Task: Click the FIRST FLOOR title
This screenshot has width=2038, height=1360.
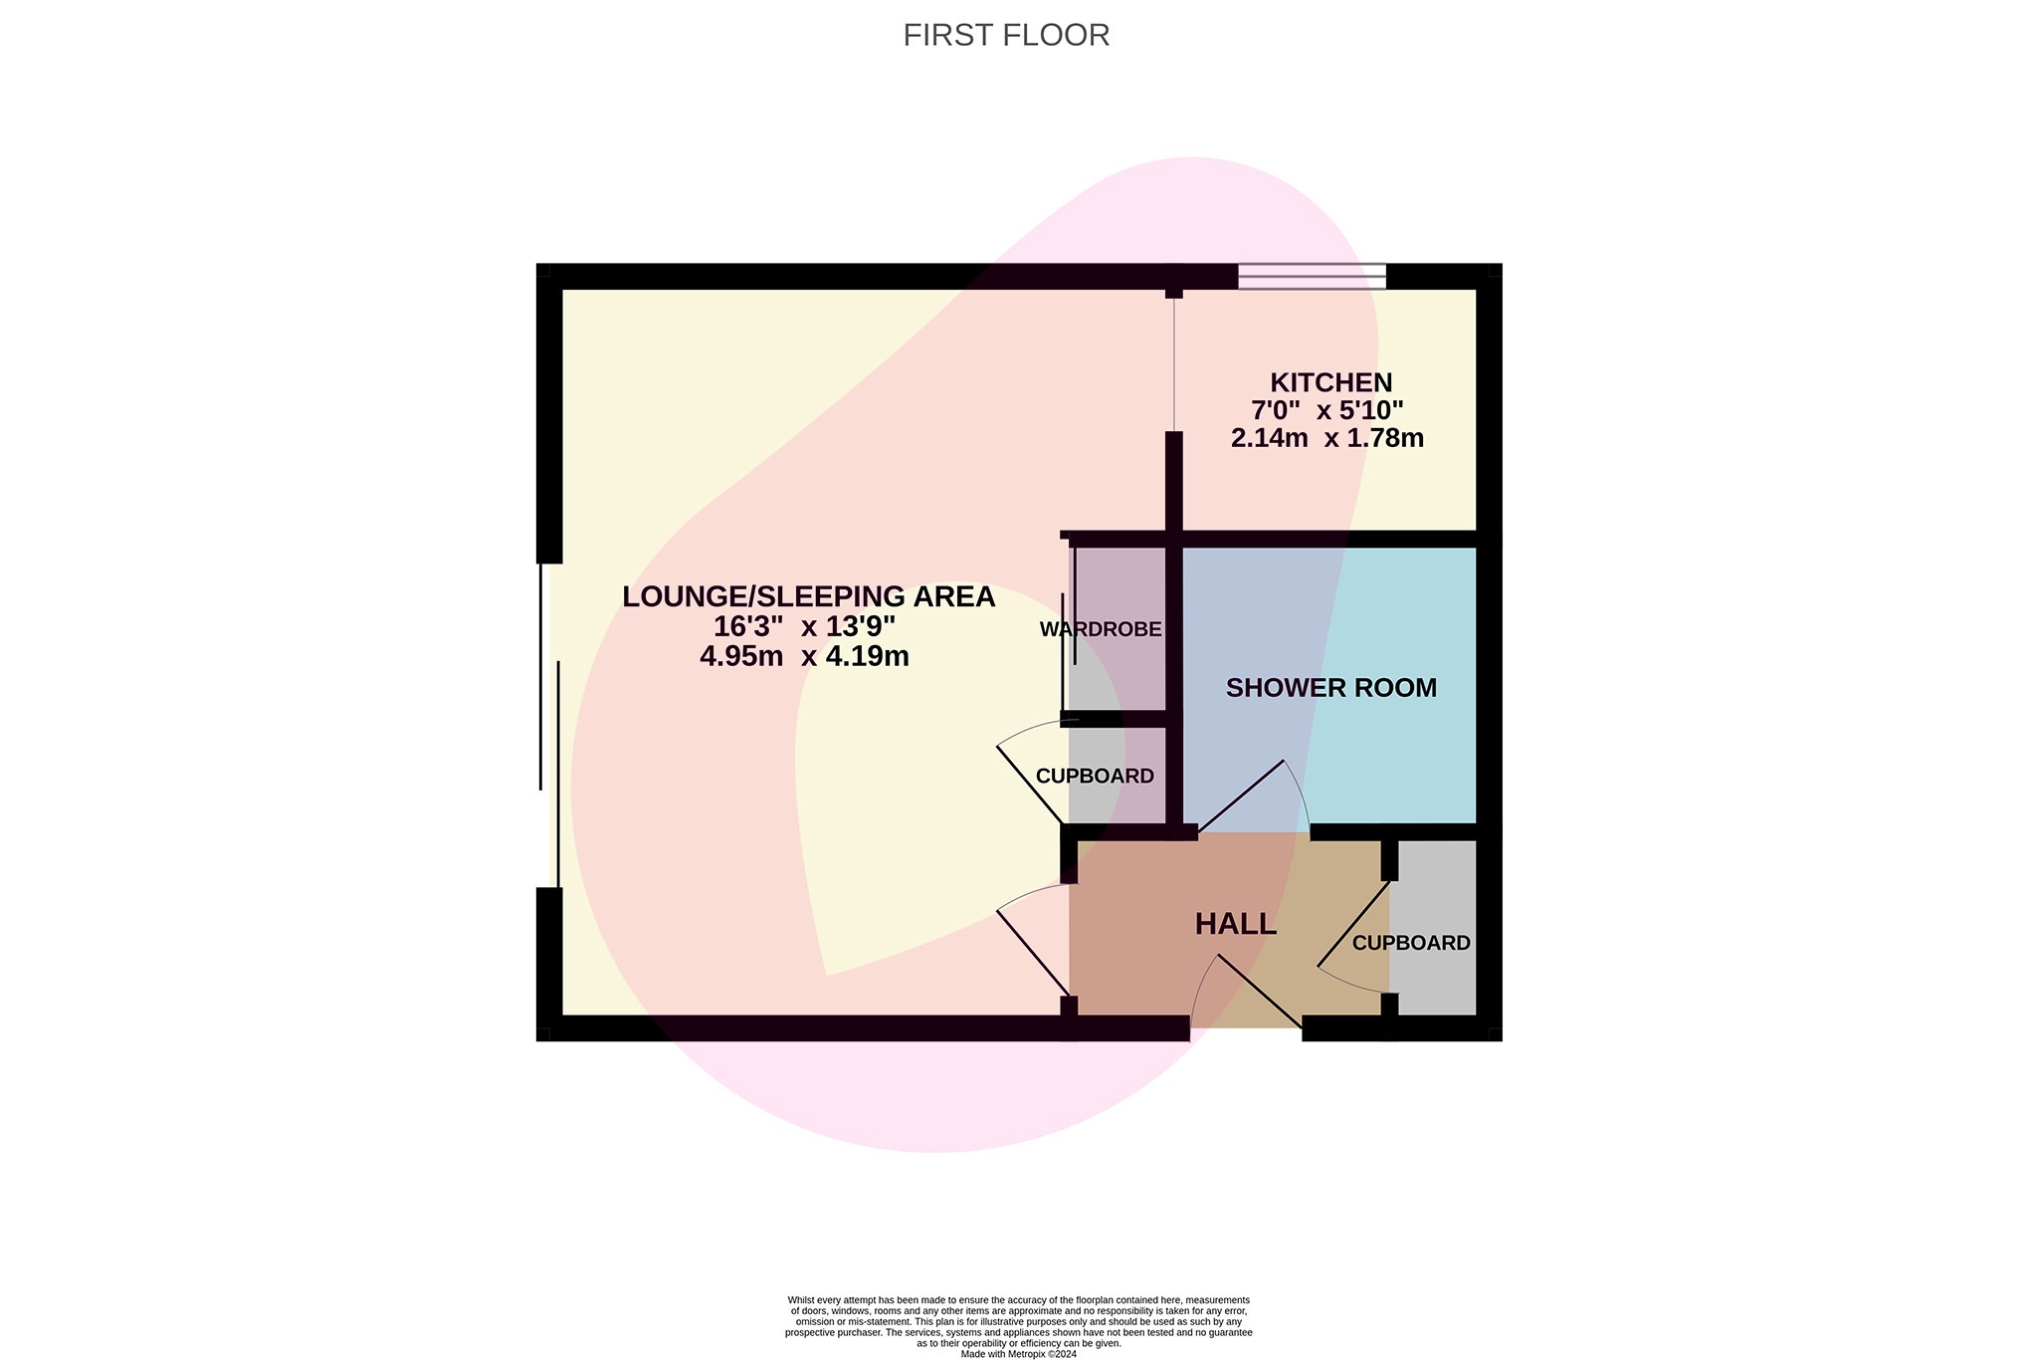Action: [x=1006, y=35]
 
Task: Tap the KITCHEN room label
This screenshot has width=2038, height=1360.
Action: [x=1330, y=382]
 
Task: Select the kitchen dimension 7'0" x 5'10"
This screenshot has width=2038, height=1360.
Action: [x=1326, y=410]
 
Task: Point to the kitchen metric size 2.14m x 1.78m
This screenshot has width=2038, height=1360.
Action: [x=1326, y=438]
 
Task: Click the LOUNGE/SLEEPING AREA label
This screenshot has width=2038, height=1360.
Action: [x=808, y=596]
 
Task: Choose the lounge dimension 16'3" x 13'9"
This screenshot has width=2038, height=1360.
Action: [x=804, y=626]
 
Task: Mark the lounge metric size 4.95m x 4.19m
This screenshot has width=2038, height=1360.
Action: [x=804, y=656]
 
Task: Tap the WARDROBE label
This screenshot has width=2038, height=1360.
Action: [x=1101, y=629]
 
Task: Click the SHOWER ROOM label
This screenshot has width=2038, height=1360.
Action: [x=1330, y=688]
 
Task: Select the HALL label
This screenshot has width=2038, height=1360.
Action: [x=1235, y=925]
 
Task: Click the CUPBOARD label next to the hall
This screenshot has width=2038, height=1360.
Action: [x=1411, y=943]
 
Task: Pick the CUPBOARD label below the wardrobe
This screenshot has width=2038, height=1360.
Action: [x=1095, y=777]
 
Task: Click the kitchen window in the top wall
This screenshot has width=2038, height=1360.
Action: [x=1312, y=276]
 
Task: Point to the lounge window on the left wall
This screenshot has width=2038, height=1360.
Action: [x=549, y=725]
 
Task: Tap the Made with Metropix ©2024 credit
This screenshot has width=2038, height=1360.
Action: [x=1018, y=1354]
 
